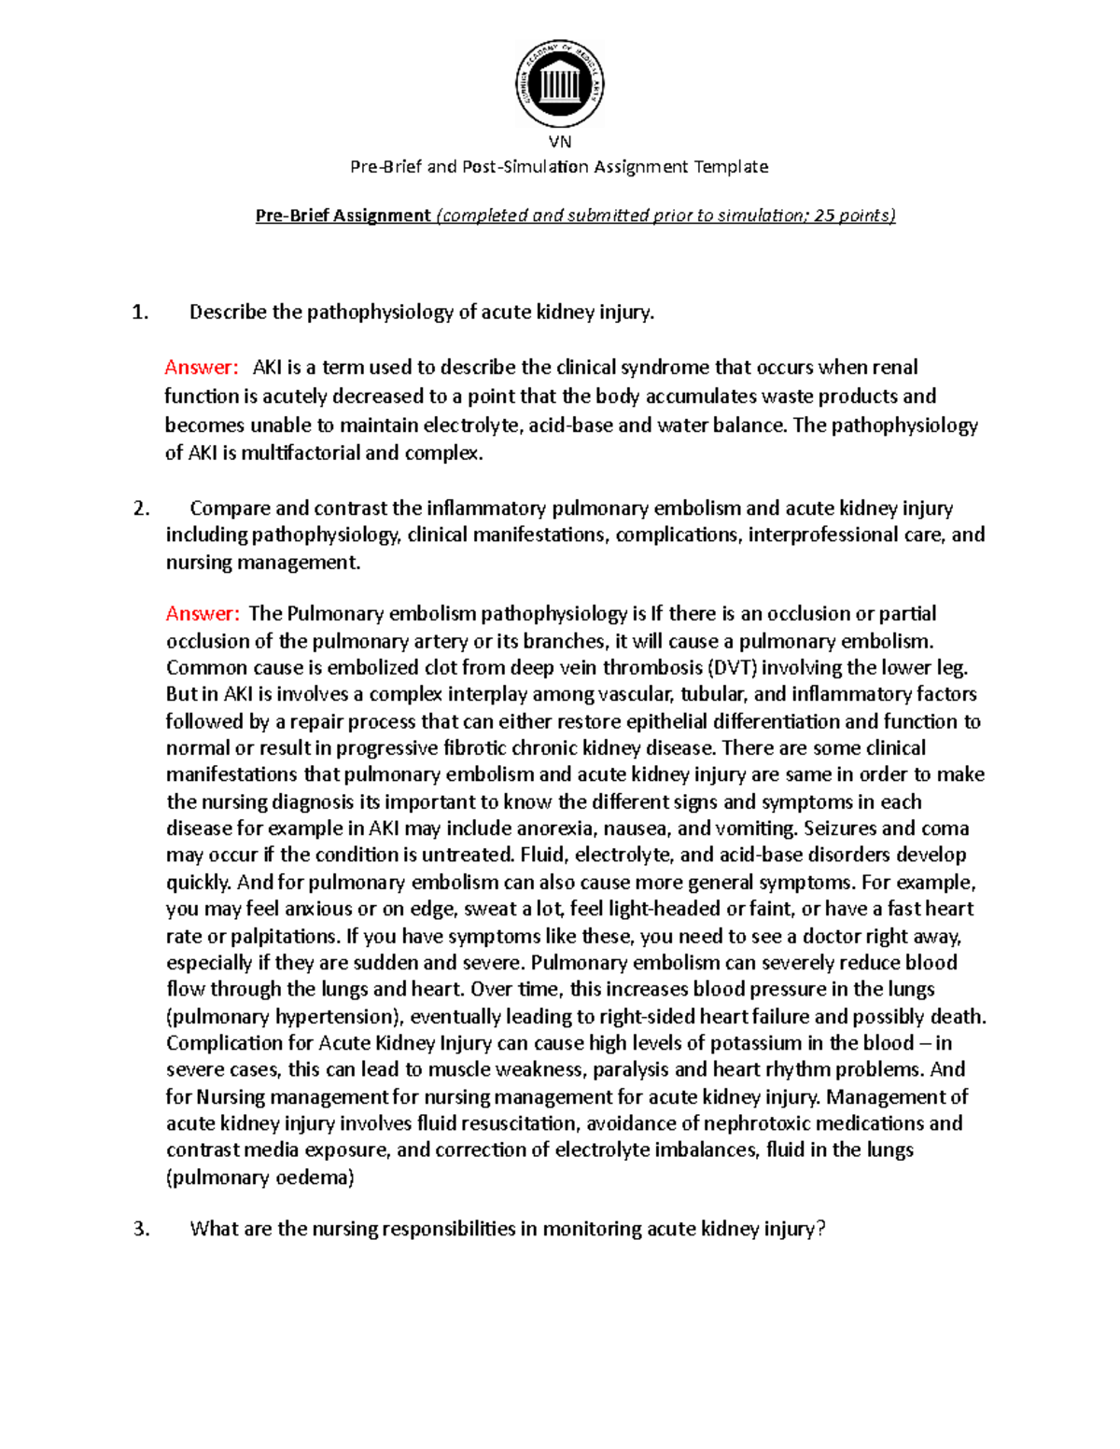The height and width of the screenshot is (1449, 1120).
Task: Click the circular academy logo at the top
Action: tap(560, 84)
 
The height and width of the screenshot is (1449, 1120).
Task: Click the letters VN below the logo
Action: tap(560, 142)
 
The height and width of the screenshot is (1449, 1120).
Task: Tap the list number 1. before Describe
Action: tap(141, 313)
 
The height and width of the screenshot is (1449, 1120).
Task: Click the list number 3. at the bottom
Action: tap(141, 1229)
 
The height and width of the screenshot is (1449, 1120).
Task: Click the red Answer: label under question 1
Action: tap(202, 368)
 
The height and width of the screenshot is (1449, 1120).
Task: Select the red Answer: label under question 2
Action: tap(203, 614)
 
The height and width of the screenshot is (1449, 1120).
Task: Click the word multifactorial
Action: tap(301, 454)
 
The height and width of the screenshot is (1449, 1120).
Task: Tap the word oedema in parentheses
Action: tap(313, 1177)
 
